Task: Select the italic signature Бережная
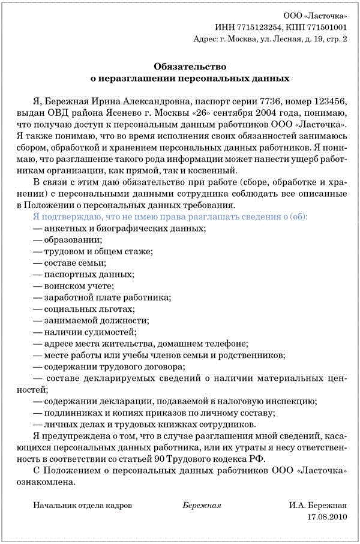pyautogui.click(x=202, y=505)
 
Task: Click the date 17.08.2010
pyautogui.click(x=327, y=516)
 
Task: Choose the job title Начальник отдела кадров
pyautogui.click(x=83, y=505)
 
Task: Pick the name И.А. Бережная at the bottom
pyautogui.click(x=318, y=505)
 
